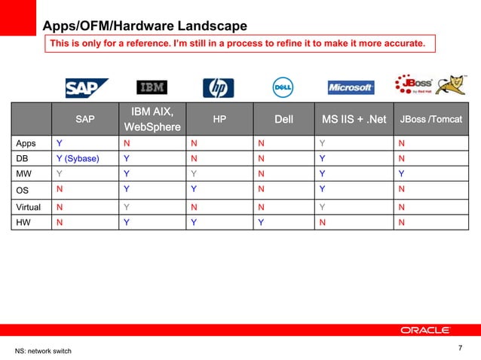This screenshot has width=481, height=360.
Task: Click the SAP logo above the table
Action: [86, 88]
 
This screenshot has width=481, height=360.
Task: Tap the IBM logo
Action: [152, 87]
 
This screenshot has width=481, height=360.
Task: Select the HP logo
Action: [218, 88]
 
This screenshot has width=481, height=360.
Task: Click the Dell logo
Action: [282, 88]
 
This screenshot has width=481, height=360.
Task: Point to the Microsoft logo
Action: [351, 88]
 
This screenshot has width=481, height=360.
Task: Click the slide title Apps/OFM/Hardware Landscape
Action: [144, 27]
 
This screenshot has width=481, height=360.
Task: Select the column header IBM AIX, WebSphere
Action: [155, 119]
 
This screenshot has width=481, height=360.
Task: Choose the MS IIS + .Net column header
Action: [354, 119]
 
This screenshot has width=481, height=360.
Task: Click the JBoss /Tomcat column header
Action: [430, 119]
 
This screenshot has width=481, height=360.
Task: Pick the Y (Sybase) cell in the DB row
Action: [77, 159]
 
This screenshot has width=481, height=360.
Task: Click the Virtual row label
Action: [30, 206]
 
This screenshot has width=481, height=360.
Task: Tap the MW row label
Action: [24, 173]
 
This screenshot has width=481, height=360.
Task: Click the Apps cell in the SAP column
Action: [59, 143]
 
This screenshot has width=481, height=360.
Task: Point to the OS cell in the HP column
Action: [194, 190]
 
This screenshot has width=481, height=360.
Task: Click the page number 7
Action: [460, 348]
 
